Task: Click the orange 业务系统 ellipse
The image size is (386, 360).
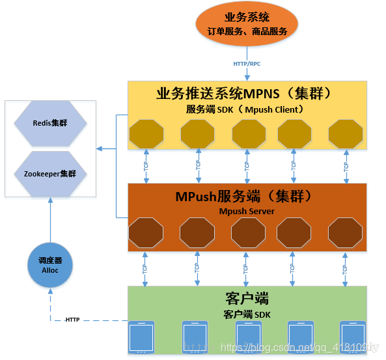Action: [247, 23]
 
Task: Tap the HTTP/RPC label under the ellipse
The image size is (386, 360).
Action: [247, 64]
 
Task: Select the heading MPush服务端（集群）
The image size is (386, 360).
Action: [245, 195]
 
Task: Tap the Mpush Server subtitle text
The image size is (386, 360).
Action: [246, 210]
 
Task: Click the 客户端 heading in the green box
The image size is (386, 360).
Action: [245, 299]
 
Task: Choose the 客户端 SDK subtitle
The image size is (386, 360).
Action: [245, 314]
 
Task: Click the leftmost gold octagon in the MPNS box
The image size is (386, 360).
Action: [146, 134]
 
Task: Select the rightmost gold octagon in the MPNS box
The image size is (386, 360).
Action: [345, 134]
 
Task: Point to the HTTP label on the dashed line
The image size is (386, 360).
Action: [73, 320]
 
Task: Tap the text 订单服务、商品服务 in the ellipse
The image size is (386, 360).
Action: [247, 31]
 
